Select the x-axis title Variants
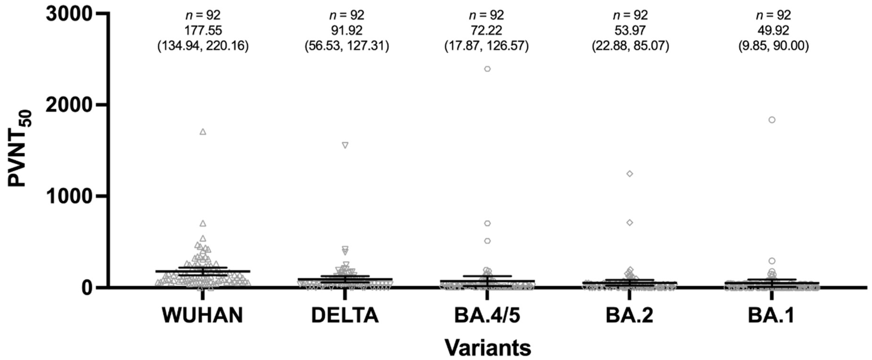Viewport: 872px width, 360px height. pyautogui.click(x=488, y=347)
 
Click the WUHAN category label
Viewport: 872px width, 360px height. pyautogui.click(x=202, y=315)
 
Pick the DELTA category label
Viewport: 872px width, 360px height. pyautogui.click(x=345, y=315)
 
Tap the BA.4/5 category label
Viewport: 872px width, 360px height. pyautogui.click(x=487, y=315)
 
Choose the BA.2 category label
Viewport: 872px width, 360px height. pyautogui.click(x=630, y=315)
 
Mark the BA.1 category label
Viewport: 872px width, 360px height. pyautogui.click(x=772, y=315)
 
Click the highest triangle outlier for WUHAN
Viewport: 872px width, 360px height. pyautogui.click(x=203, y=132)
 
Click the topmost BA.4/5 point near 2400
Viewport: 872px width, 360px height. pyautogui.click(x=488, y=69)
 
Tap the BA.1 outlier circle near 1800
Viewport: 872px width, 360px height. pyautogui.click(x=772, y=120)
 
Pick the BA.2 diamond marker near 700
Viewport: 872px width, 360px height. pyautogui.click(x=630, y=223)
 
